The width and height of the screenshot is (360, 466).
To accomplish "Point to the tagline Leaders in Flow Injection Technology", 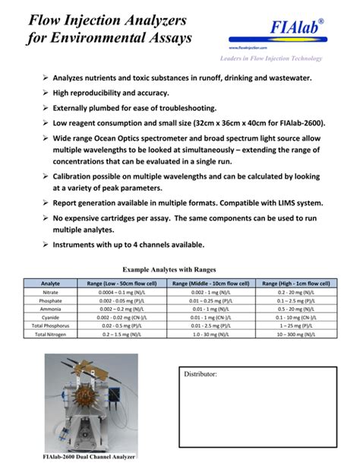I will click(x=271, y=59).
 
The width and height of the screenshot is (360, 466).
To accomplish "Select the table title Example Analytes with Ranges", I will click(x=169, y=269).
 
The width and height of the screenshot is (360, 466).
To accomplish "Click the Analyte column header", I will click(x=51, y=284).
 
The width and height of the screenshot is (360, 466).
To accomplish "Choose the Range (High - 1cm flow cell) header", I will click(x=296, y=284).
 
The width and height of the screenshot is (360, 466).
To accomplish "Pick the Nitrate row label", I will click(x=51, y=292).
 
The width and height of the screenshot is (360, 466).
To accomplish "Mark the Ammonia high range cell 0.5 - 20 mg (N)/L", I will click(x=296, y=309).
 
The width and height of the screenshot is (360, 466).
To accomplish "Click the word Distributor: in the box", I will click(x=201, y=375).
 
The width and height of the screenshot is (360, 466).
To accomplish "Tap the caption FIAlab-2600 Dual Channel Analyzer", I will click(x=90, y=457).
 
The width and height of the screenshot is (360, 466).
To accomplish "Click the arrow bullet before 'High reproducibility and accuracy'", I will click(x=45, y=93).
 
